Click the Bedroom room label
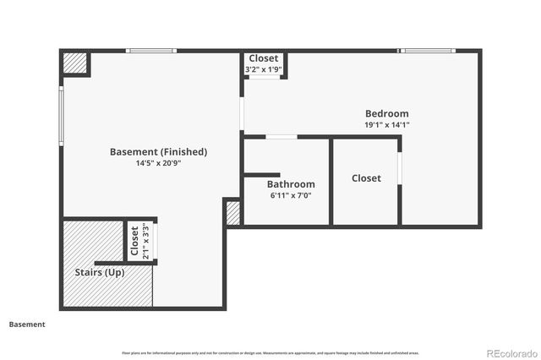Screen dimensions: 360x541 (386, 114)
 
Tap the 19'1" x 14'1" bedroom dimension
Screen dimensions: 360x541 (386, 125)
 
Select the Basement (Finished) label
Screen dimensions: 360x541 (158, 152)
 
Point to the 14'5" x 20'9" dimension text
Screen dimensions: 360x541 (158, 163)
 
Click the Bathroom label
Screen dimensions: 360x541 (291, 184)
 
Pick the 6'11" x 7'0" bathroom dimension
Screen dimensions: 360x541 (291, 195)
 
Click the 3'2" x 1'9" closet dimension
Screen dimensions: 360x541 (263, 68)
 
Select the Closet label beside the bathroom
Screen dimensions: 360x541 (366, 178)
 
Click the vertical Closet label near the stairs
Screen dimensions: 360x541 (134, 241)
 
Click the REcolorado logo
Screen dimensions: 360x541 (510, 352)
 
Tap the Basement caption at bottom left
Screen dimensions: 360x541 (27, 324)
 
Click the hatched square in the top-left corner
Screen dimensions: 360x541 (75, 64)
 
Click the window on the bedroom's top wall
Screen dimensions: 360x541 (428, 51)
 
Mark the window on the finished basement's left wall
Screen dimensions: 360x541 (61, 114)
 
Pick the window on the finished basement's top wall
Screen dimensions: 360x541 (151, 51)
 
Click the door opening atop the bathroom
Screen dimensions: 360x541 (281, 137)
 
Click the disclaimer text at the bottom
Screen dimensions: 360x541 (270, 352)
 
